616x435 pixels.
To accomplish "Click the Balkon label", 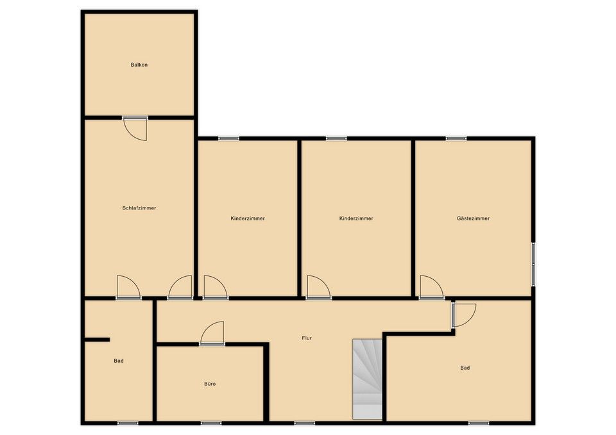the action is (139, 65).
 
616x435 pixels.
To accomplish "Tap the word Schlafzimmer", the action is (139, 208).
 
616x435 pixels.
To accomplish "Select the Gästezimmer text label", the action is (473, 218).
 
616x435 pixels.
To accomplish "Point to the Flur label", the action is (307, 338).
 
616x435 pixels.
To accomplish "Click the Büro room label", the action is (210, 384).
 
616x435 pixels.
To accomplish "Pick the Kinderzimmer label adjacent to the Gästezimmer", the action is (356, 218).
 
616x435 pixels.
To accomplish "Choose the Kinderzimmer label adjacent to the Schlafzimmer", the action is (248, 218).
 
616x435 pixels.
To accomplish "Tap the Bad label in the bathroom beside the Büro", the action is (119, 361).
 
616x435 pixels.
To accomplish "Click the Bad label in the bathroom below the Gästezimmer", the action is (465, 368).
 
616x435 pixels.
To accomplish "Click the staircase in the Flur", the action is (367, 379).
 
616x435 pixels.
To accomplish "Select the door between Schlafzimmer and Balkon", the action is (135, 128).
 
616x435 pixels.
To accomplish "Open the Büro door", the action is (212, 333).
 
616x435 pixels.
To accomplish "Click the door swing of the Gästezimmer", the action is (432, 288).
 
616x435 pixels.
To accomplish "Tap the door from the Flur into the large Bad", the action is (463, 315).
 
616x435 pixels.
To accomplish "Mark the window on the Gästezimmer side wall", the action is (533, 264).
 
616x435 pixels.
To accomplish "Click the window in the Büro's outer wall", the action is (211, 423).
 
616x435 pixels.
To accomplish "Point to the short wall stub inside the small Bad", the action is (97, 340).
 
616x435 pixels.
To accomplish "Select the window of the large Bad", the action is (479, 423).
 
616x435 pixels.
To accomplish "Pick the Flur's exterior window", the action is (304, 423).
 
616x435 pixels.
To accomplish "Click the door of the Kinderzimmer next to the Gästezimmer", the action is (319, 288).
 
